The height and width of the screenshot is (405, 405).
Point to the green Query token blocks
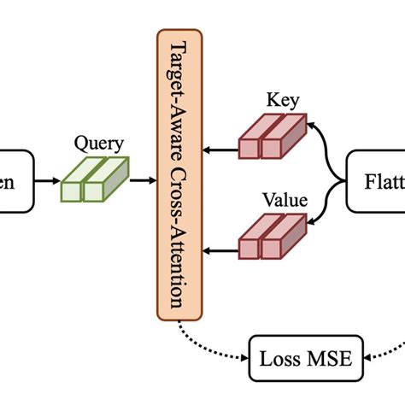tap(93, 180)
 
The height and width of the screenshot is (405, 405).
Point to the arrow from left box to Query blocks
tap(47, 180)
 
